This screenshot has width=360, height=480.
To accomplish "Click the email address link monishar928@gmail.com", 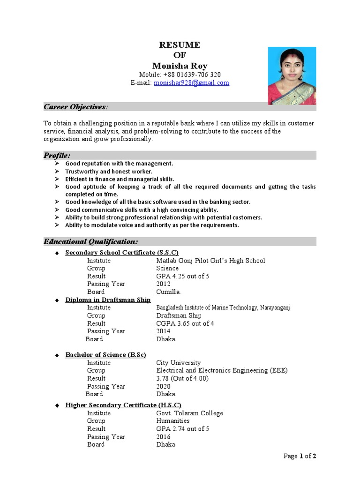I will tap(192, 83).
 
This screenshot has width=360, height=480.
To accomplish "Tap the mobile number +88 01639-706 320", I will tap(180, 75).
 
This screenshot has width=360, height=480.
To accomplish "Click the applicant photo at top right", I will tap(292, 75).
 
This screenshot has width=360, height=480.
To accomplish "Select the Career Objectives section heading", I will tap(75, 107).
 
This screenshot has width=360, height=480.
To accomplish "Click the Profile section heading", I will tap(58, 155).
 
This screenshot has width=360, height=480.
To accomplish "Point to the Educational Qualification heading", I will tap(91, 241).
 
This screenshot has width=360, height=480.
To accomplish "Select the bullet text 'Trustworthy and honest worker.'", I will tap(109, 172).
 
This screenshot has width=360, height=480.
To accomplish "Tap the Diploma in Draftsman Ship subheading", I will tap(108, 300).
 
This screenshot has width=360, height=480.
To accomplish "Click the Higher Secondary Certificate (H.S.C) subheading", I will tap(123, 405).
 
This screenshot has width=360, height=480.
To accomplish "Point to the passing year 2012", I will tap(164, 284).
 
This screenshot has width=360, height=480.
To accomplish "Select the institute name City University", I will tap(179, 363).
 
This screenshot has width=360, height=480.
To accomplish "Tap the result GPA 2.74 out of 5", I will tap(183, 429).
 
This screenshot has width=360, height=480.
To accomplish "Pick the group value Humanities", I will tap(173, 421).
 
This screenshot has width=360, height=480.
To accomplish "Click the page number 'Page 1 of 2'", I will tap(300, 456).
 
